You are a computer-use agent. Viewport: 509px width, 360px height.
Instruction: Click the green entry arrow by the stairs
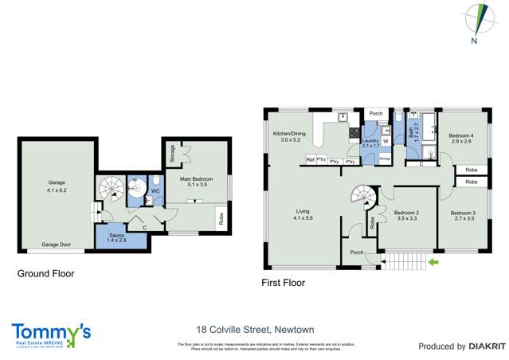[x=433, y=260]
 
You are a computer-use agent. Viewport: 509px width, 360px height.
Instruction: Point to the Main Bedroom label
[x=196, y=182]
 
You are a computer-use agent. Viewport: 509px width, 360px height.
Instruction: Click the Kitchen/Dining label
[x=288, y=136]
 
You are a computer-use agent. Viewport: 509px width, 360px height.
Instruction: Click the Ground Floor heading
[x=45, y=272]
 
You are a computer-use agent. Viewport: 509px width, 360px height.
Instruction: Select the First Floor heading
[x=283, y=283]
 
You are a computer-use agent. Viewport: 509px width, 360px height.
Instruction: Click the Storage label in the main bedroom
[x=173, y=151]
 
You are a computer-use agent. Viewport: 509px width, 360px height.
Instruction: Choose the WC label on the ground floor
[x=157, y=190]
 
